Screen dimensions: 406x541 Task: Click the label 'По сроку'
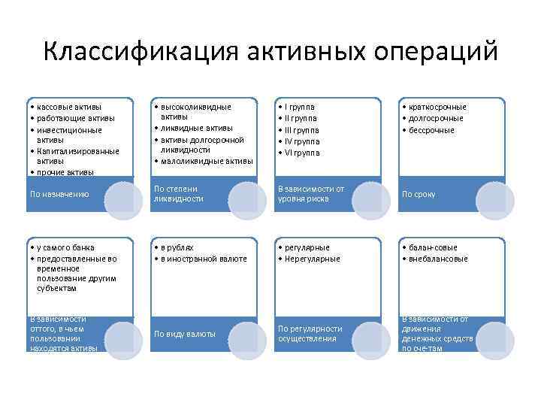click(419, 194)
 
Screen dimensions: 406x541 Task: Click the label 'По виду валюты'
click(185, 333)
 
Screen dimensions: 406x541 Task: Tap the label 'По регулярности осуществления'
click(310, 333)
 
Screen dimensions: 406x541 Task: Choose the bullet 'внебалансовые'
click(438, 259)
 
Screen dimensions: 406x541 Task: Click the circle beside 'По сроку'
click(495, 197)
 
